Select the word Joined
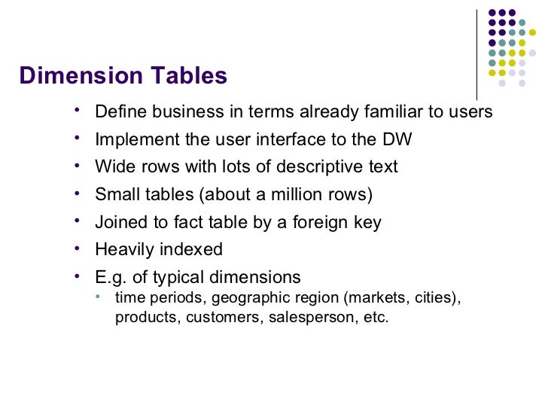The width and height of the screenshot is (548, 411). (x=119, y=222)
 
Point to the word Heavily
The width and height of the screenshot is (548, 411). (x=123, y=249)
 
